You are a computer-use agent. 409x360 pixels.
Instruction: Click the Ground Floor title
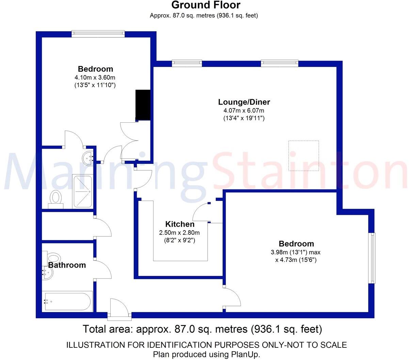click(x=206, y=5)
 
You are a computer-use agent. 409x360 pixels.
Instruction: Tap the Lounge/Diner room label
click(x=244, y=102)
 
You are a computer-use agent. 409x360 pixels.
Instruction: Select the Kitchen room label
click(x=180, y=224)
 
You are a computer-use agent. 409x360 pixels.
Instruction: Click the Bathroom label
click(x=67, y=265)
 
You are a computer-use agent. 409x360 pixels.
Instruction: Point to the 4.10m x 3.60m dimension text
click(x=95, y=77)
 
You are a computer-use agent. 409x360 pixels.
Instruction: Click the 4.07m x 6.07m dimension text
click(x=244, y=110)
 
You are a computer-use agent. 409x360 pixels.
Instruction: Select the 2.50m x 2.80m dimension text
click(x=179, y=233)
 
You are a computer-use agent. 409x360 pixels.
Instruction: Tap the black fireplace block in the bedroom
click(x=143, y=105)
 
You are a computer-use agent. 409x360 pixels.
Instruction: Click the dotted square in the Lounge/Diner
click(x=304, y=155)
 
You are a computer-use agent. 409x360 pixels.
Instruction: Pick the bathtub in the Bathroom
click(x=66, y=301)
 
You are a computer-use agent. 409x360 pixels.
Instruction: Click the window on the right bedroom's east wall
click(x=373, y=258)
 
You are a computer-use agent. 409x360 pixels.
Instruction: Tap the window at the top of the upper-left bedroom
click(x=98, y=33)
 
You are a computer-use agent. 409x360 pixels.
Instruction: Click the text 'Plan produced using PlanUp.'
click(x=207, y=354)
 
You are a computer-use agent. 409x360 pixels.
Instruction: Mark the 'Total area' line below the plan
click(x=202, y=329)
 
